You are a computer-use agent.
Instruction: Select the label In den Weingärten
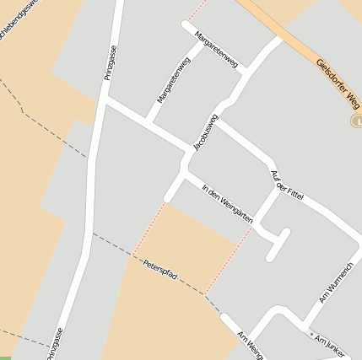228,203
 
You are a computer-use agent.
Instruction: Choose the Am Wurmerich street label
335,282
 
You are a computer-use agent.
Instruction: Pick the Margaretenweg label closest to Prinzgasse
173,80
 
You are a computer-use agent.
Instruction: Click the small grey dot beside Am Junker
311,336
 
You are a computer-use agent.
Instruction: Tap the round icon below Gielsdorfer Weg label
355,122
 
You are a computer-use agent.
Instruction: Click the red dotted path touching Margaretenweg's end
197,10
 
